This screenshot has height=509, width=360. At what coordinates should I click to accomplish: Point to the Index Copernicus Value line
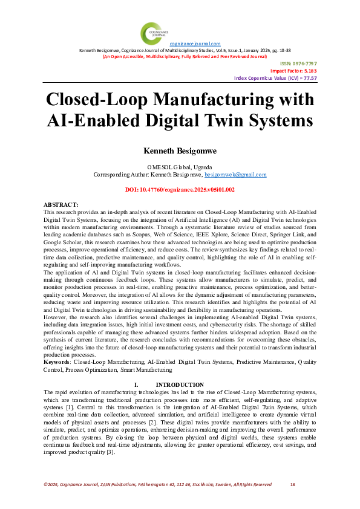click(284, 79)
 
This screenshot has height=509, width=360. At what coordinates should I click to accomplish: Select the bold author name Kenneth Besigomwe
click(180, 149)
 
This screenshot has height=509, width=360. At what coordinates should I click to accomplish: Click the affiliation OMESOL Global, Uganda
click(180, 166)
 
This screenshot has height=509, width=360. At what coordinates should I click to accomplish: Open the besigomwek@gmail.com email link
click(235, 174)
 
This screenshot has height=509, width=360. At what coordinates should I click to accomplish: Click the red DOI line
click(180, 189)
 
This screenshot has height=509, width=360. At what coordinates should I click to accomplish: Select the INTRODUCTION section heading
click(180, 384)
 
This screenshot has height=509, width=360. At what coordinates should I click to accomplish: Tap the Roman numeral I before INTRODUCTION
click(136, 384)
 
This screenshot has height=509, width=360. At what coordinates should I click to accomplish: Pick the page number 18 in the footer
click(293, 484)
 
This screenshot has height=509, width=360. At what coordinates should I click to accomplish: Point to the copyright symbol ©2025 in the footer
click(52, 484)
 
